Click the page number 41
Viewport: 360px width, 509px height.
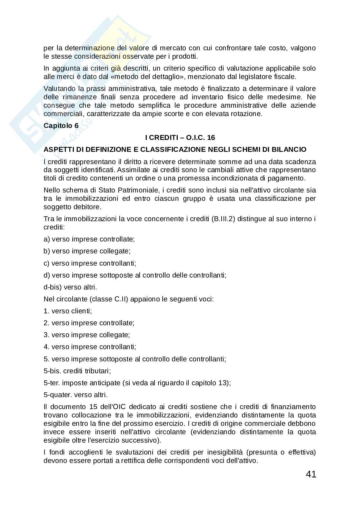click(x=311, y=474)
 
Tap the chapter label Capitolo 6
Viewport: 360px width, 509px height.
click(x=61, y=126)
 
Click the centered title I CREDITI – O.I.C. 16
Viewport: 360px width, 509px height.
click(x=180, y=138)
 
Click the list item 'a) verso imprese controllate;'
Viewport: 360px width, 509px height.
click(x=89, y=239)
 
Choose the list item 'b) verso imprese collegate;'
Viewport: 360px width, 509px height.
click(x=87, y=251)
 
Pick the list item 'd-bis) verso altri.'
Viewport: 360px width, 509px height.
click(x=70, y=287)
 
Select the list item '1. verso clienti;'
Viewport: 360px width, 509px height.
click(x=68, y=311)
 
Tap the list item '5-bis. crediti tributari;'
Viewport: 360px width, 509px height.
click(x=77, y=371)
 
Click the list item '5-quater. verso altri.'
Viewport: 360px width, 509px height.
click(x=75, y=395)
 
